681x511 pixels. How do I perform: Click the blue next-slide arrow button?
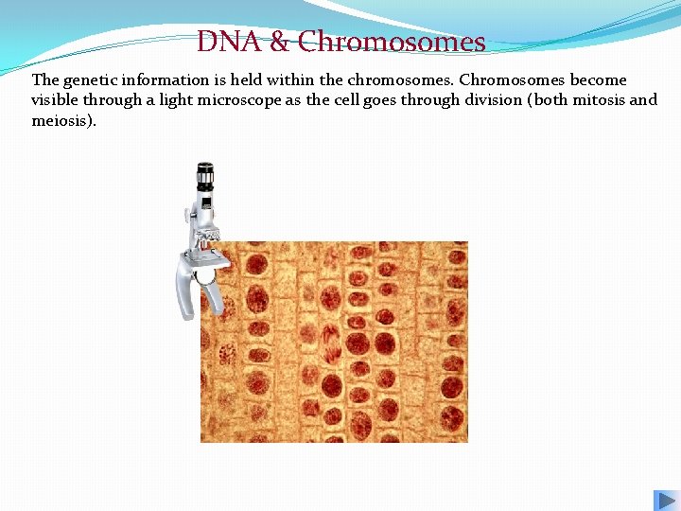(x=665, y=501)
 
